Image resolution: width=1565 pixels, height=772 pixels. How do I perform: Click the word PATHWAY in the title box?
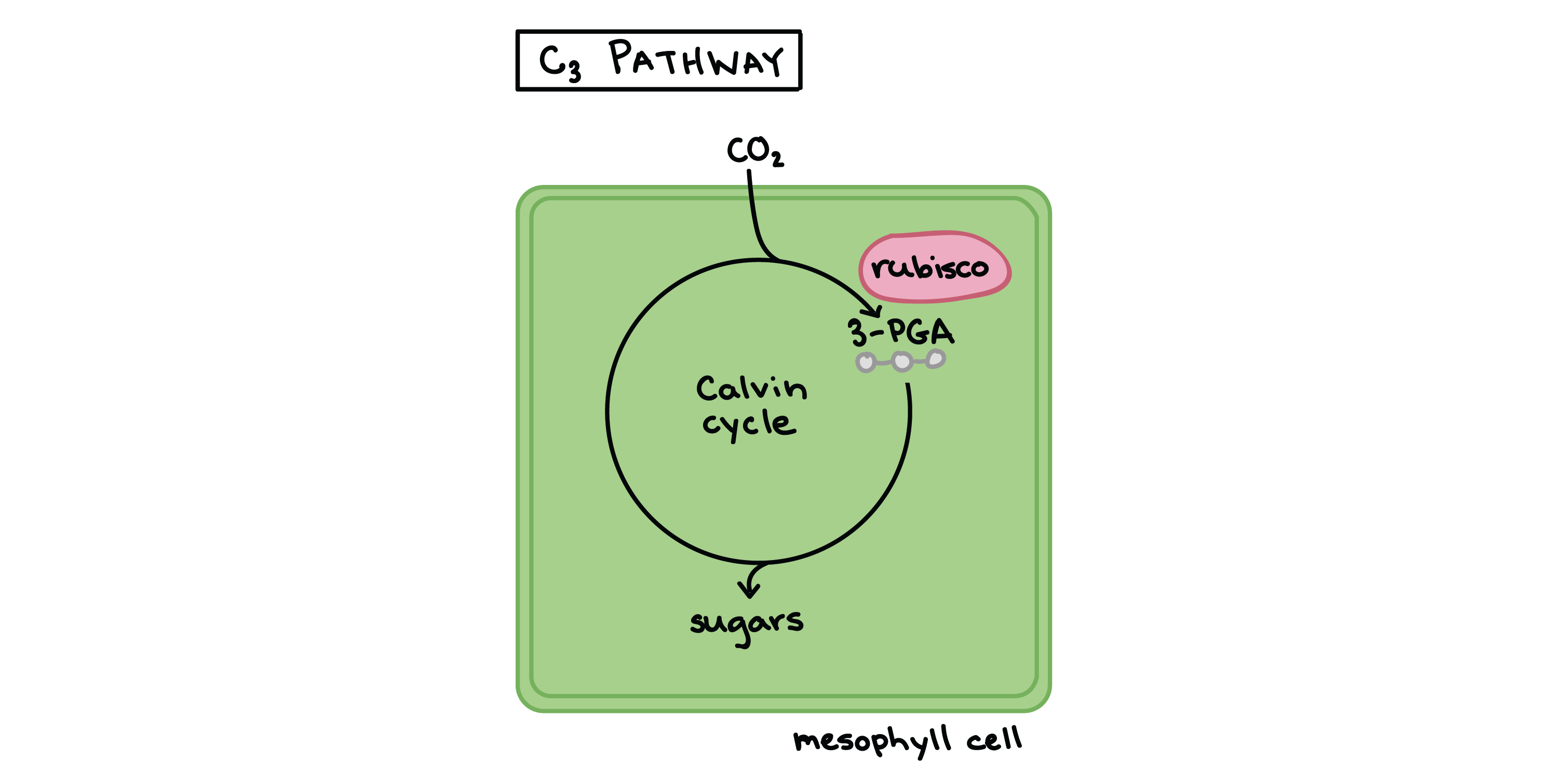[x=696, y=59]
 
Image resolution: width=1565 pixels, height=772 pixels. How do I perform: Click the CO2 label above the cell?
[x=755, y=151]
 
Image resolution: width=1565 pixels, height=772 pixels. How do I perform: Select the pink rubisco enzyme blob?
[x=935, y=267]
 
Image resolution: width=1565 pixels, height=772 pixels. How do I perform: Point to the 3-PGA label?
[x=900, y=332]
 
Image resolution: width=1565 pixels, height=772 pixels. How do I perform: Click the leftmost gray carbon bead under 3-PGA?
[x=866, y=362]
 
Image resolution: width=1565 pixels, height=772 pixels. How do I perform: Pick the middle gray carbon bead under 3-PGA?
[x=902, y=362]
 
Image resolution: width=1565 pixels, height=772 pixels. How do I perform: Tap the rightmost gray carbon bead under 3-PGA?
[x=936, y=358]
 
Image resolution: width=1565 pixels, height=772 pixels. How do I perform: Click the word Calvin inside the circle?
[x=751, y=388]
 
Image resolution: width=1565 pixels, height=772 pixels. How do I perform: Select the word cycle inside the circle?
[x=748, y=424]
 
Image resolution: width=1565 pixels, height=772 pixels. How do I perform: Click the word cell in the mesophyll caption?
[x=994, y=739]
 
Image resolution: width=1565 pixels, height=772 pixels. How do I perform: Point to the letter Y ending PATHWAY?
[x=773, y=61]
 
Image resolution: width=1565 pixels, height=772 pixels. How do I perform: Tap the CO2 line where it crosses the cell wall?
[x=751, y=193]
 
